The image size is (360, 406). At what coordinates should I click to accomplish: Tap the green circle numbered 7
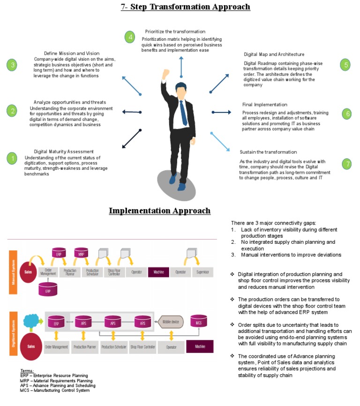(346, 164)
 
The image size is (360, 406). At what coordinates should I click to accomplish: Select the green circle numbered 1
(12, 158)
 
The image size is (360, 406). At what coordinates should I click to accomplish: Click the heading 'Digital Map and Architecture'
(274, 54)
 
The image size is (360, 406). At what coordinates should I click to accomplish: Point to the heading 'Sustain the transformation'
(268, 152)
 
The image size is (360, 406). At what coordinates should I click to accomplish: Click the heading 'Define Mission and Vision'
(72, 53)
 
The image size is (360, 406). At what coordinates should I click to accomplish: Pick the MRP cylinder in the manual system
(81, 254)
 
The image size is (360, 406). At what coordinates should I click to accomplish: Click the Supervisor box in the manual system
(202, 272)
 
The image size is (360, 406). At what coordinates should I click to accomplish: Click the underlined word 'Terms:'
(27, 370)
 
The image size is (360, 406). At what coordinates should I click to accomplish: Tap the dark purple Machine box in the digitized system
(199, 347)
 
